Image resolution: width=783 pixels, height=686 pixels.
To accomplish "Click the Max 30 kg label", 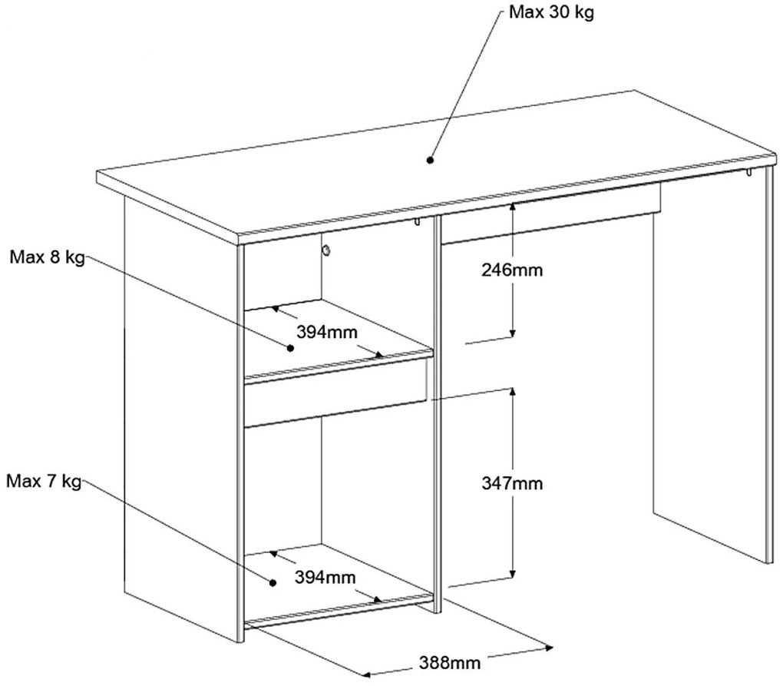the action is [x=551, y=12].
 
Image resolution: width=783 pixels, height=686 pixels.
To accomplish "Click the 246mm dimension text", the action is [x=512, y=270].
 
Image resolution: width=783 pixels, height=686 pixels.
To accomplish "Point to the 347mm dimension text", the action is [x=512, y=483].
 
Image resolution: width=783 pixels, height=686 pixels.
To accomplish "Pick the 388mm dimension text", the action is [x=449, y=662].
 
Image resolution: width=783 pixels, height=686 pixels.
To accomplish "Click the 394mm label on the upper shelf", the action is [x=327, y=331].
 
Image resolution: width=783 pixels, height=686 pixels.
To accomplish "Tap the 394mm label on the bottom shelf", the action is [x=325, y=577].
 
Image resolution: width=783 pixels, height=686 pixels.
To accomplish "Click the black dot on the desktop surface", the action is [x=429, y=160].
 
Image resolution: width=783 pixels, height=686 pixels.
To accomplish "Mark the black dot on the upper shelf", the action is [x=290, y=348].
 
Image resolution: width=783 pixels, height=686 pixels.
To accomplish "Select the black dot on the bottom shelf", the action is [x=273, y=582].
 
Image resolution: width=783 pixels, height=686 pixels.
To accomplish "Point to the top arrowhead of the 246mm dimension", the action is [x=512, y=205].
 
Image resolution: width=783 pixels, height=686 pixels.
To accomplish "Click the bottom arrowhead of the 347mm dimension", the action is [x=512, y=575].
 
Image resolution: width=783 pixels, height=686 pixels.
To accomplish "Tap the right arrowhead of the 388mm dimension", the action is [x=549, y=648].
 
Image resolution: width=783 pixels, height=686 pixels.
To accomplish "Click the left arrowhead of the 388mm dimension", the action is [x=365, y=674].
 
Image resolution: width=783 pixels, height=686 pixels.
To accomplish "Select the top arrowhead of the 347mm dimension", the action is [x=512, y=392].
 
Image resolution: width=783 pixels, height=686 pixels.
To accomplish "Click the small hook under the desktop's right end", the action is [x=748, y=173].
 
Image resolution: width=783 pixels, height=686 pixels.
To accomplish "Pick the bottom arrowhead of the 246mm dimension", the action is [x=512, y=333].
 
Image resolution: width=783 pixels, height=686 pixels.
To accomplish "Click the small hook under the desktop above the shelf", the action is [x=417, y=222].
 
